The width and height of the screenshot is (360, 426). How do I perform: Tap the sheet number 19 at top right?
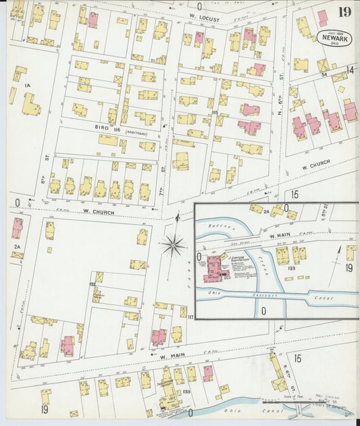click(344, 11)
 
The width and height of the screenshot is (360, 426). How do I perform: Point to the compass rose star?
click(174, 245)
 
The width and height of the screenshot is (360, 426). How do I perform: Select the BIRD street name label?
click(102, 126)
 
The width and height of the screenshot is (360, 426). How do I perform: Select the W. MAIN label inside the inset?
click(282, 236)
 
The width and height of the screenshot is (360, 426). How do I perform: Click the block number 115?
click(215, 112)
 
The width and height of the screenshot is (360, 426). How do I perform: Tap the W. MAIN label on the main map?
click(172, 355)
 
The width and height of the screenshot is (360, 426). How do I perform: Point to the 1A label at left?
click(28, 86)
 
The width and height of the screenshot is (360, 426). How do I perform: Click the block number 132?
click(91, 283)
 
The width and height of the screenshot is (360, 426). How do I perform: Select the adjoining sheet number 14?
click(350, 70)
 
